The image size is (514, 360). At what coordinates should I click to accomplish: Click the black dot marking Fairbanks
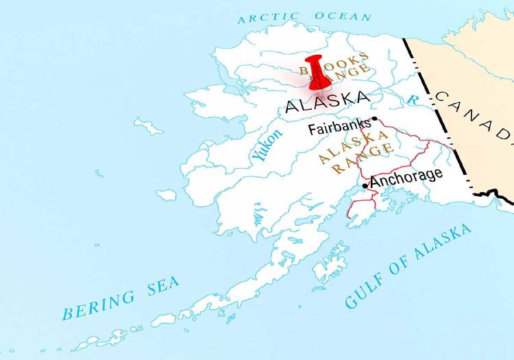pyautogui.click(x=374, y=119)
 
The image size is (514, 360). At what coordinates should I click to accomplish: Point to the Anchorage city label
pyautogui.click(x=406, y=176)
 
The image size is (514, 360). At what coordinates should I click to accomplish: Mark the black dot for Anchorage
pyautogui.click(x=365, y=184)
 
